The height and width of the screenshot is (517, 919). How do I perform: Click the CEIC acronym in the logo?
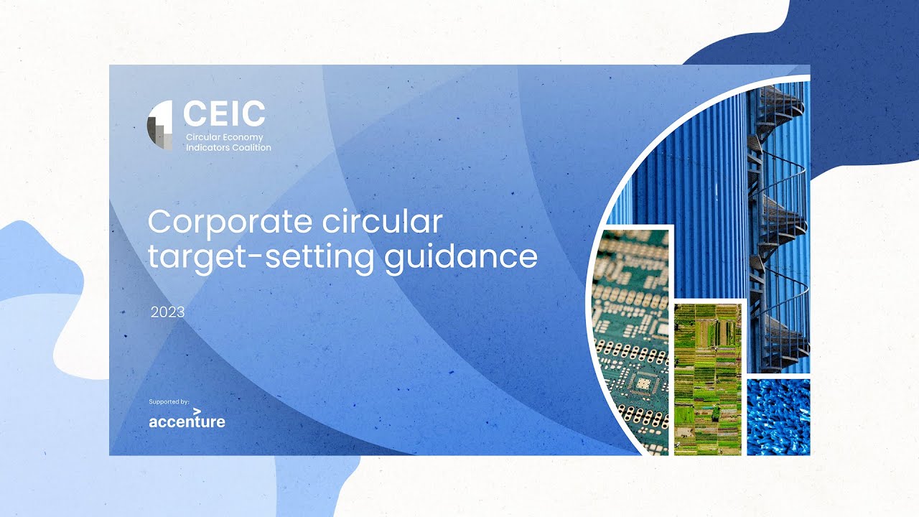tap(224, 113)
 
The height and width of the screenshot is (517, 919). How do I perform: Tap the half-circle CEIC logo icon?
tap(160, 126)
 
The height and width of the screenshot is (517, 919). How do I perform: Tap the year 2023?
tap(167, 312)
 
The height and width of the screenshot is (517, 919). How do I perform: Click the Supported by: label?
tap(169, 401)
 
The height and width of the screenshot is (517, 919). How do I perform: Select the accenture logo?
tap(187, 421)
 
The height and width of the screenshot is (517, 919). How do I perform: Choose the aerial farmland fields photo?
tap(707, 378)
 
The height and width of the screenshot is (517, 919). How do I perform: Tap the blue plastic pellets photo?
tap(778, 416)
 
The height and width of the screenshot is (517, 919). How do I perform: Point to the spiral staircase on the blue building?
tap(779, 230)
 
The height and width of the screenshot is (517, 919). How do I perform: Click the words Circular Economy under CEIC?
tap(225, 137)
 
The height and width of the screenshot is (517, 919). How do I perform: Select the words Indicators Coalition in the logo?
tap(228, 147)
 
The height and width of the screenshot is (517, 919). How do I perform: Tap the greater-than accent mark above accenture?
tap(197, 411)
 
